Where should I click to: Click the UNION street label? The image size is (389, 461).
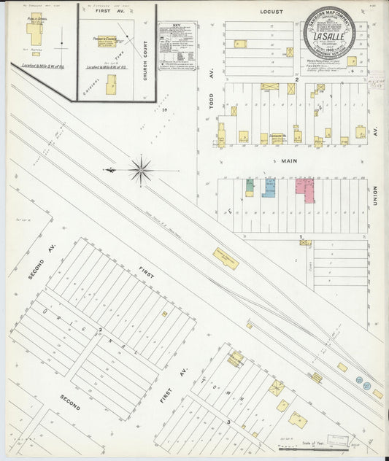[x=375, y=195]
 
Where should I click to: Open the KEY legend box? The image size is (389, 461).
[x=177, y=46]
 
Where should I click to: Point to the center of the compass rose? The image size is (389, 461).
[x=141, y=171]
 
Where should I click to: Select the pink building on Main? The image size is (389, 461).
[x=304, y=189]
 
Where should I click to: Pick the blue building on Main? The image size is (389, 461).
[x=269, y=187]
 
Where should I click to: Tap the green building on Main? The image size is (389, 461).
[x=250, y=187]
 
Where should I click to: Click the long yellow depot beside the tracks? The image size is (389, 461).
[x=226, y=258]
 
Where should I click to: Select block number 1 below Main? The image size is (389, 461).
[x=301, y=236]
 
